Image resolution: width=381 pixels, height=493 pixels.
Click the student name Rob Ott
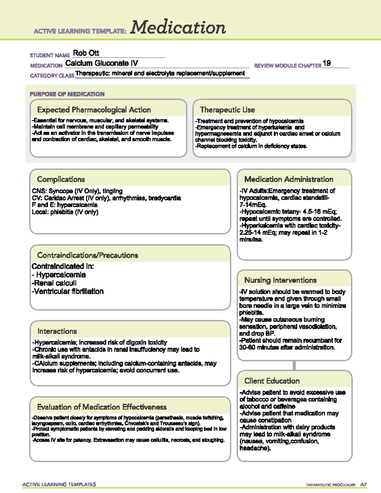pos(86,53)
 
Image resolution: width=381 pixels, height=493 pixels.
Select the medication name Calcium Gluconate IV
pos(102,63)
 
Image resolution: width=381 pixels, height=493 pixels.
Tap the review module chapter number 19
pos(327,63)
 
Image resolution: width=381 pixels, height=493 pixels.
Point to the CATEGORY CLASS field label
pos(52,76)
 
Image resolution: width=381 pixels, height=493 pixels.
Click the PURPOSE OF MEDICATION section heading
pos(67,94)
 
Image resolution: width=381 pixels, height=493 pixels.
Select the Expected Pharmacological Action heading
pos(94,110)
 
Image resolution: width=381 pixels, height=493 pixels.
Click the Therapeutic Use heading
pos(227,110)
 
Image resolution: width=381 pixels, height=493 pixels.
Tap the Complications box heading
pos(61,179)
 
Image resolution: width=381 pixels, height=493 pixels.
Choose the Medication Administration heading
pos(289,179)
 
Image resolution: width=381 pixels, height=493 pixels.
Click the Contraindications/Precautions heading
pos(88,255)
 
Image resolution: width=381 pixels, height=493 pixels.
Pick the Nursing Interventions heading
pos(280,280)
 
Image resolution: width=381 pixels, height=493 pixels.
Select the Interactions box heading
pos(57,331)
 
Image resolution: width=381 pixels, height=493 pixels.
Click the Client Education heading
pos(272,381)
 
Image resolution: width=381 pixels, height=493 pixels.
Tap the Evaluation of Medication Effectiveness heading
pos(102,407)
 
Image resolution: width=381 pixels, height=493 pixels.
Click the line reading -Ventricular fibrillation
pos(68,291)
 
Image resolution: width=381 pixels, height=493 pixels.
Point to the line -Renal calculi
pos(54,283)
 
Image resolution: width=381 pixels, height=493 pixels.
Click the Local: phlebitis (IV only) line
pos(65,212)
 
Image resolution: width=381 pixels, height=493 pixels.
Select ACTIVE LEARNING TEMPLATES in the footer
pos(59,484)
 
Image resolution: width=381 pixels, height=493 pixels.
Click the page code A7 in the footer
pos(363,485)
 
